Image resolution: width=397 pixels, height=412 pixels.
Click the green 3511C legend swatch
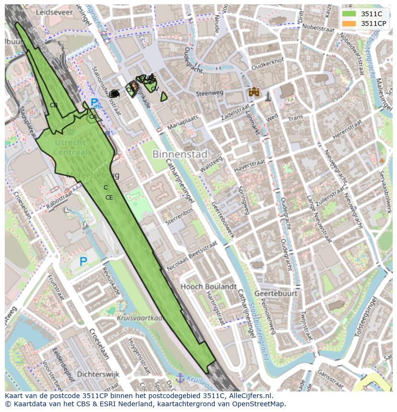(x=349, y=14)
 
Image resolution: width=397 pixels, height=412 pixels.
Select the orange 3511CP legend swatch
(x=349, y=23)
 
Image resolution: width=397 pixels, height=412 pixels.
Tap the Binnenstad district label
(x=180, y=155)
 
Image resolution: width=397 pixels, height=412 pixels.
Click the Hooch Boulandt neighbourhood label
(x=208, y=287)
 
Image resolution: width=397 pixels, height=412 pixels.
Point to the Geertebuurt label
(x=275, y=293)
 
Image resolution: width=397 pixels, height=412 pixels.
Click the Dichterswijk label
(x=98, y=374)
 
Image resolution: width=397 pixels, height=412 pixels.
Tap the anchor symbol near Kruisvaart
(x=180, y=378)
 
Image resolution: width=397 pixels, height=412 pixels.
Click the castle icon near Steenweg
(x=254, y=92)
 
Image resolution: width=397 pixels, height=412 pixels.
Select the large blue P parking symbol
(x=83, y=261)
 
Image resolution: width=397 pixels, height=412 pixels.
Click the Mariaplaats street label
(x=183, y=122)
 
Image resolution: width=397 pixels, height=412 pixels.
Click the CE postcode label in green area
(x=109, y=198)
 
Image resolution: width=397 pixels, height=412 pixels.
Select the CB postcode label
(x=54, y=105)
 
